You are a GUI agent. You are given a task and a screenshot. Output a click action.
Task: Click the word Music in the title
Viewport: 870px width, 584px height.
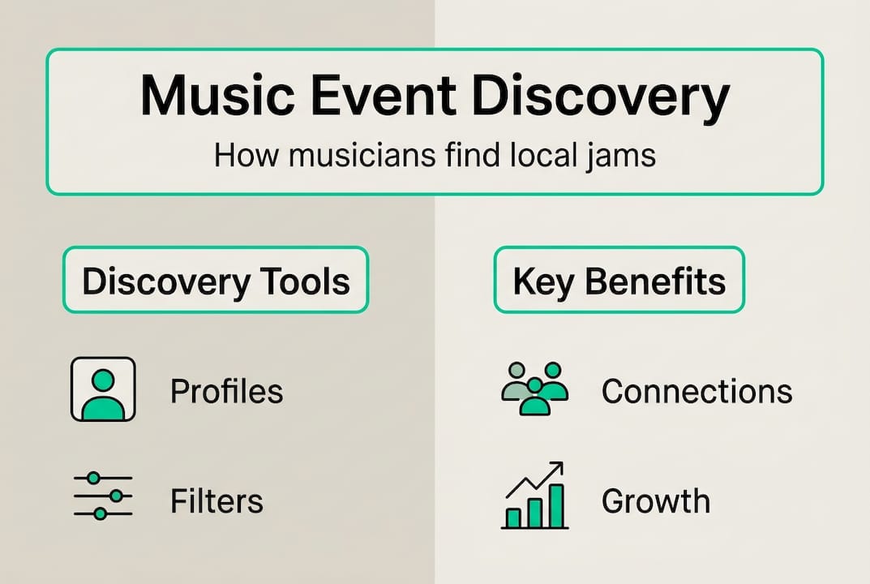(x=217, y=96)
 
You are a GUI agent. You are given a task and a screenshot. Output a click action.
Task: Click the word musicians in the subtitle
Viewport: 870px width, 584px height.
(x=361, y=156)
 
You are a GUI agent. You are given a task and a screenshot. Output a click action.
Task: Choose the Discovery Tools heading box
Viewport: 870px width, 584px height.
(x=216, y=280)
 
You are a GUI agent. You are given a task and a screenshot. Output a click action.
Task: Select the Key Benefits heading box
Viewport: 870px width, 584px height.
(x=619, y=280)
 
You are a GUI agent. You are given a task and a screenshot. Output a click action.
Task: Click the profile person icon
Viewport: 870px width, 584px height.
(x=103, y=389)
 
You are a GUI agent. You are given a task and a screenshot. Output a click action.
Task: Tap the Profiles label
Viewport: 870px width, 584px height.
(x=226, y=391)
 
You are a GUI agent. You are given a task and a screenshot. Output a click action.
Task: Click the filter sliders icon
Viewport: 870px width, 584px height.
(x=103, y=496)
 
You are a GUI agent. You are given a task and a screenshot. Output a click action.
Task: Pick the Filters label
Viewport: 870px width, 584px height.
(x=216, y=500)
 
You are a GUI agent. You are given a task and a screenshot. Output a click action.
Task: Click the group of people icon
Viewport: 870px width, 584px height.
(x=535, y=389)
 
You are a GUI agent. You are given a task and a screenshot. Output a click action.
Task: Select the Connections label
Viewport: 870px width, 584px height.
(x=696, y=391)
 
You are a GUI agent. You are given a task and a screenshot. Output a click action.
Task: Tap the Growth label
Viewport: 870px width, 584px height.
(x=656, y=500)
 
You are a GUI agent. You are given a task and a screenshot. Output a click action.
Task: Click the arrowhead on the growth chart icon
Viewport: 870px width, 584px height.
(x=556, y=469)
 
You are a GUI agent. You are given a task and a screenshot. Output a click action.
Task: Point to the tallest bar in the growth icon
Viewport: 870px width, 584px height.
(x=556, y=505)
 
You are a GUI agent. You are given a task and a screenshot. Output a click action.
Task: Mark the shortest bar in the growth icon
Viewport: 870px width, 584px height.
(x=514, y=518)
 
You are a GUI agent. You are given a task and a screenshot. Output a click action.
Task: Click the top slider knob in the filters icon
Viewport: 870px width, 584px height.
(x=94, y=478)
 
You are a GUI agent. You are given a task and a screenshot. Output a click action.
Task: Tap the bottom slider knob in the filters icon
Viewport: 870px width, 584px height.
(x=101, y=514)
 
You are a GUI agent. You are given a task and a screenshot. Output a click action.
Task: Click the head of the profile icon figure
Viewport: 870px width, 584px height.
(x=103, y=381)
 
